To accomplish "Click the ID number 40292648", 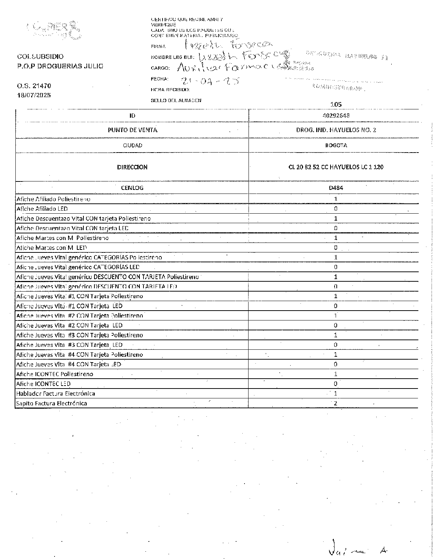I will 336,115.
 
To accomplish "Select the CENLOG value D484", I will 336,188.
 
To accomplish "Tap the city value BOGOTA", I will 336,145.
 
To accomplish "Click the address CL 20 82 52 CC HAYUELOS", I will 336,167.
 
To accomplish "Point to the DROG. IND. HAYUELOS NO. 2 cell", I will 336,130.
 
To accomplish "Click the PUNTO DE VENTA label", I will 132,130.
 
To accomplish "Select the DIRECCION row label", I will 132,167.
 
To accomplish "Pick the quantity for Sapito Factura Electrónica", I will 335,403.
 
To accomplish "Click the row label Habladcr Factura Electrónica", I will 56,394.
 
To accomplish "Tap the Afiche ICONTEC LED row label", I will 43,384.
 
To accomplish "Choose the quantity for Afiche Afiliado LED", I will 335,209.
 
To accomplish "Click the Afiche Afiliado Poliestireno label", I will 53,199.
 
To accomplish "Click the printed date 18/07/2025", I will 34,95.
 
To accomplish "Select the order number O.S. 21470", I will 34,86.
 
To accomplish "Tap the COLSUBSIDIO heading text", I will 40,56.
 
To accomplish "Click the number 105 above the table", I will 336,104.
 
